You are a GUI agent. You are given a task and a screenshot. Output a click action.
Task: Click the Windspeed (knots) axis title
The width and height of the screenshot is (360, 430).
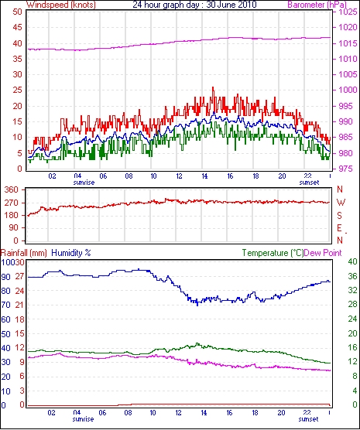61,5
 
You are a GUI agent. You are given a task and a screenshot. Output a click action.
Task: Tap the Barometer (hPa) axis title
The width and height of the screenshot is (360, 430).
317,5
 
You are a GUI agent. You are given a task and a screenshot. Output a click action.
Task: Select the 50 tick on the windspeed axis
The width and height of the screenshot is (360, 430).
17,12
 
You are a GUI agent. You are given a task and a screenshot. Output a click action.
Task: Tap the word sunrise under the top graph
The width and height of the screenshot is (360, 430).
84,183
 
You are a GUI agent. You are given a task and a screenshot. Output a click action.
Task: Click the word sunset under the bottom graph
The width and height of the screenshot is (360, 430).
308,419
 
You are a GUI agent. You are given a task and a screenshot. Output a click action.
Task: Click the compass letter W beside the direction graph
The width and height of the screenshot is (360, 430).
341,203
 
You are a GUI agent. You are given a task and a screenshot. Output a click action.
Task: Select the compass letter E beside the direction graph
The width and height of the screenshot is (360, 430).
340,228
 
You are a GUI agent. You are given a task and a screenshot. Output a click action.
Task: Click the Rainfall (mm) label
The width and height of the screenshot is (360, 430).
24,253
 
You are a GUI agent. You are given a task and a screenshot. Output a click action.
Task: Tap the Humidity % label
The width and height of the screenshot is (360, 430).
71,253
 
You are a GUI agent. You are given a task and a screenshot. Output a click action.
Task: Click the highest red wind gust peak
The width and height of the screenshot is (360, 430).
213,87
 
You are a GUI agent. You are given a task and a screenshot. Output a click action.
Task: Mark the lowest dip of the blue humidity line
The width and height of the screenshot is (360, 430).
197,305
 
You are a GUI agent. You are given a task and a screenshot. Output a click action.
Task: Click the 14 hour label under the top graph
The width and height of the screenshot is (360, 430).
204,176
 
